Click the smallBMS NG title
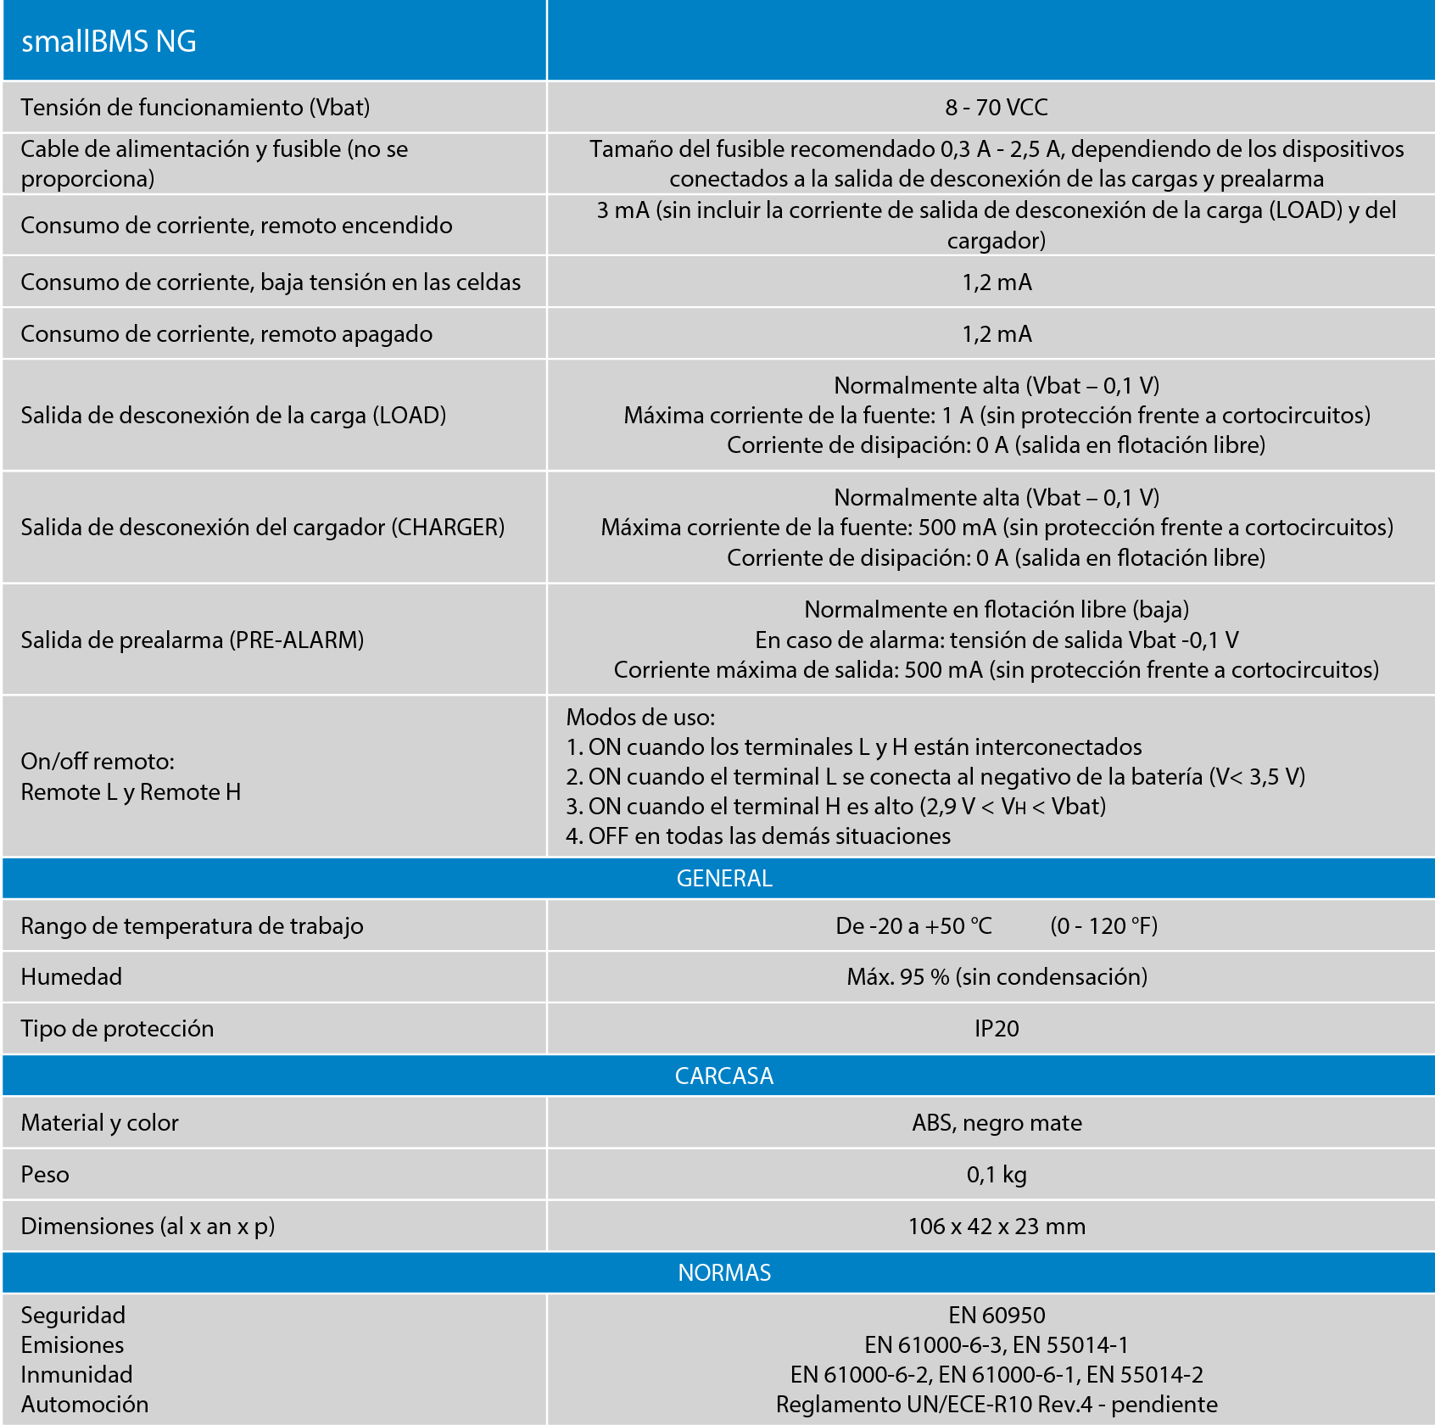coord(109,42)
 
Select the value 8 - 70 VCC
coord(996,108)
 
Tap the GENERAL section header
coord(723,879)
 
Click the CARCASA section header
coord(723,1076)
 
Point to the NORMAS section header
coord(723,1272)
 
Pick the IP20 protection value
coord(996,1029)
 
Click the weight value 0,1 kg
coord(996,1175)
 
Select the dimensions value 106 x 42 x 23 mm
coord(996,1227)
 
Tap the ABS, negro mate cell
coord(996,1123)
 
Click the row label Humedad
coord(71,977)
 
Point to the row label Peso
coord(45,1175)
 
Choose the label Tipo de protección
coord(117,1029)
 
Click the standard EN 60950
coord(996,1316)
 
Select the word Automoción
coord(85,1405)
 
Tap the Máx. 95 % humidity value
coord(996,977)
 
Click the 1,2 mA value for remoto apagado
coord(996,334)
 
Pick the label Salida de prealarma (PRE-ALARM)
coord(193,640)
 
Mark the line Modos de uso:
coord(640,718)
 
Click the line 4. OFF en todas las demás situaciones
coord(757,836)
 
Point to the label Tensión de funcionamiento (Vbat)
coord(195,108)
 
